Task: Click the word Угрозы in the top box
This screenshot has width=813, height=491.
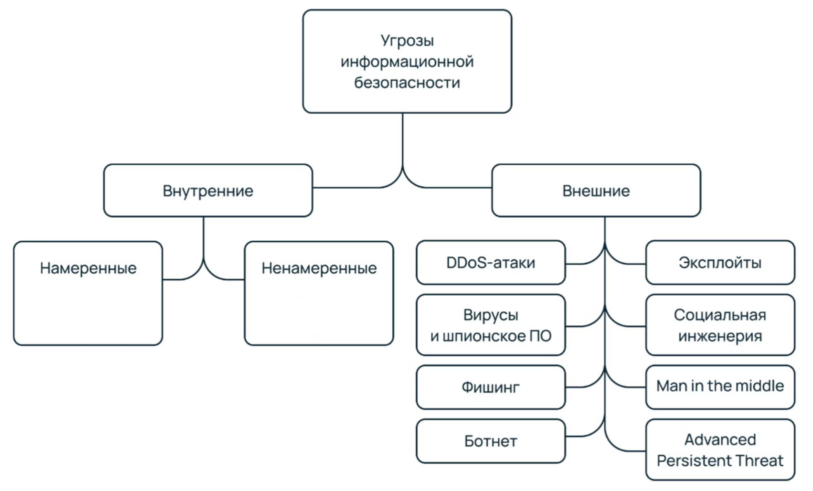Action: [407, 41]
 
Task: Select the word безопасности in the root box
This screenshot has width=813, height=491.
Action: [407, 83]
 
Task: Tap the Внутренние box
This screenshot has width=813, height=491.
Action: [208, 191]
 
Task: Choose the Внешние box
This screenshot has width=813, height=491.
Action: [596, 191]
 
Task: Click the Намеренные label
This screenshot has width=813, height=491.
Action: [88, 268]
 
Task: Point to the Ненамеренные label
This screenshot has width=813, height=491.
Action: [319, 268]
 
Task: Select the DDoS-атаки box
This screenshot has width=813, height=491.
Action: [490, 263]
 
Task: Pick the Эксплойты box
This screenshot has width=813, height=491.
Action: [720, 263]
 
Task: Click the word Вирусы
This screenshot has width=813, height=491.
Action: [490, 315]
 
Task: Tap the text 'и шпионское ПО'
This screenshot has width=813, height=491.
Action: [490, 336]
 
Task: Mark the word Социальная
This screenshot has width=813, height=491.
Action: [720, 315]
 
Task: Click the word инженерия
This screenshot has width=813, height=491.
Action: [720, 336]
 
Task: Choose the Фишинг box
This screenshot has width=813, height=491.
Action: [490, 387]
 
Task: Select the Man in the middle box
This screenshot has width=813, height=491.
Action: [720, 386]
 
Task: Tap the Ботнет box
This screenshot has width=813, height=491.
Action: [490, 441]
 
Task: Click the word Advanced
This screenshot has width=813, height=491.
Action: [720, 439]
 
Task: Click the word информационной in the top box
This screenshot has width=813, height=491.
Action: [407, 62]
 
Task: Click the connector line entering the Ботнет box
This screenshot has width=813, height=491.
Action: [580, 436]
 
